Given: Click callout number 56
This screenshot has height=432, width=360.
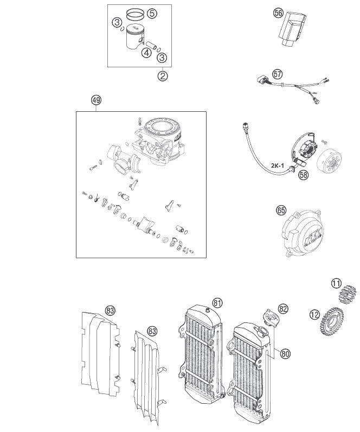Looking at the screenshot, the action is (x=278, y=13).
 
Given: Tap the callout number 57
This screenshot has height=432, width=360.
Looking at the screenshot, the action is (x=278, y=74).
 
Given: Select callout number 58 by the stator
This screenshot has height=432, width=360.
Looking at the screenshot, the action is (x=303, y=175).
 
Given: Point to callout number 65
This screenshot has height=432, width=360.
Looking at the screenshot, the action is (x=281, y=211).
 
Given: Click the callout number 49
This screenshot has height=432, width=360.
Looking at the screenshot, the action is (x=96, y=100).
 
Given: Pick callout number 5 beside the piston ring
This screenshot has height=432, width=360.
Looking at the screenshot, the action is (x=152, y=13).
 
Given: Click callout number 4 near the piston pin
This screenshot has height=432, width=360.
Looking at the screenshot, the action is (x=146, y=53).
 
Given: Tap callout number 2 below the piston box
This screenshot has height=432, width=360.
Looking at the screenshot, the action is (x=163, y=76).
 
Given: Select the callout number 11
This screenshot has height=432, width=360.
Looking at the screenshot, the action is (x=336, y=283).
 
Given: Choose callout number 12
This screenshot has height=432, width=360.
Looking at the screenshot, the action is (x=314, y=314).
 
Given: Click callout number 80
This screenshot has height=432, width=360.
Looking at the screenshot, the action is (x=285, y=353).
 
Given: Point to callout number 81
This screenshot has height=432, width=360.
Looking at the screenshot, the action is (x=217, y=303).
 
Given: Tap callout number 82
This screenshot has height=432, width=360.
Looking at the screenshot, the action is (x=283, y=309).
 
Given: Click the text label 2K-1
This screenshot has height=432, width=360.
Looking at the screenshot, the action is (x=277, y=166).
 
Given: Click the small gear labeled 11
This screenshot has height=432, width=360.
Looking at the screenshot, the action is (x=347, y=295).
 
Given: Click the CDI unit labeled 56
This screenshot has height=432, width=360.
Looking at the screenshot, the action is (x=292, y=28).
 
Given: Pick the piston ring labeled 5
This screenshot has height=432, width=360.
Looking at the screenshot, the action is (x=136, y=14).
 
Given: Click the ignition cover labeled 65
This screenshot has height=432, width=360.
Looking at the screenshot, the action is (x=302, y=233).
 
